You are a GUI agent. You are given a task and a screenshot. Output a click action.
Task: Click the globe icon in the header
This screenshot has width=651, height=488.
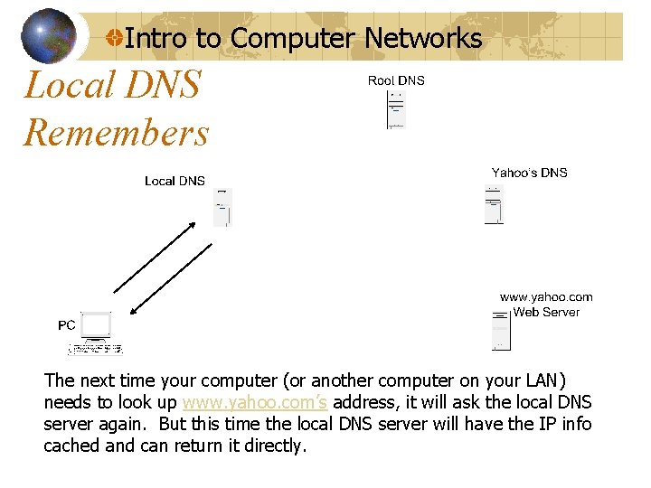[49, 37]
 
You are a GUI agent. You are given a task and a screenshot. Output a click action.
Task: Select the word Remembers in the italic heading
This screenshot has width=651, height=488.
[116, 133]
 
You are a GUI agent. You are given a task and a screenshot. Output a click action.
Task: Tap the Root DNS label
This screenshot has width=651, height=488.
[396, 80]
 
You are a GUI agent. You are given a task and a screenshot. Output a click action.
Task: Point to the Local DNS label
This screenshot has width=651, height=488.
[175, 181]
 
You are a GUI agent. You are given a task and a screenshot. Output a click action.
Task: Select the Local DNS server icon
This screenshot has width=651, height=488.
[222, 207]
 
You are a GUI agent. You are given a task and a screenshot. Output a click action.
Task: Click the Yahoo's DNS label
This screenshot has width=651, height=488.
[529, 173]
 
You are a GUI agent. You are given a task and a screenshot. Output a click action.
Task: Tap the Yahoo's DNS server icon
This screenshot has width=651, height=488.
[494, 204]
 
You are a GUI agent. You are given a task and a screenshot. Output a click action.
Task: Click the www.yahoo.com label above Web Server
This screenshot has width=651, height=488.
[546, 296]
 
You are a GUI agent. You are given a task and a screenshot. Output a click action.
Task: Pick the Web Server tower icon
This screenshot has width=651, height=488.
[501, 330]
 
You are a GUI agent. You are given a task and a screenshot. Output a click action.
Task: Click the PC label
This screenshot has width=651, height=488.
[67, 324]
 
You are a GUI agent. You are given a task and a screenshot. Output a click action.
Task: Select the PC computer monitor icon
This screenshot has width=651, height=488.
[95, 326]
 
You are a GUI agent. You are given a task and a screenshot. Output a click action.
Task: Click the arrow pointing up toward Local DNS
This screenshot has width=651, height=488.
[153, 258]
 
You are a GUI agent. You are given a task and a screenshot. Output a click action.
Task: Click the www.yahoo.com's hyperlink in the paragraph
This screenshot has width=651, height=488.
[254, 403]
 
